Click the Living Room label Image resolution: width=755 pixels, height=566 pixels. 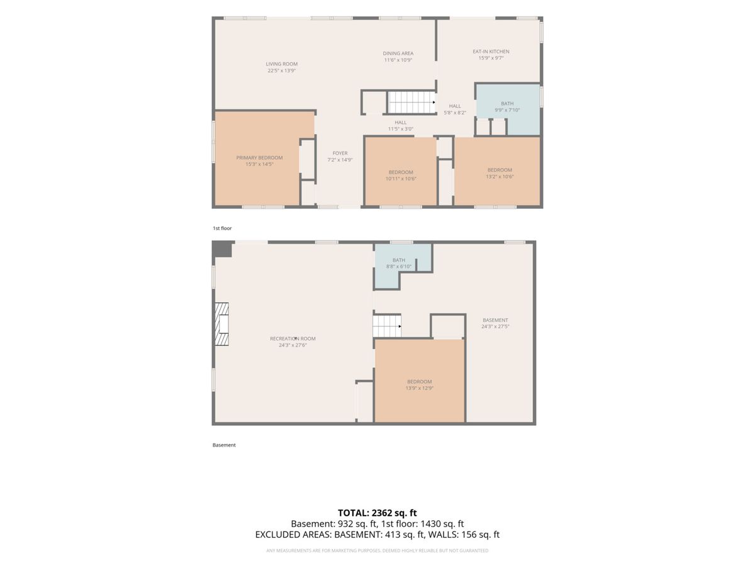(281, 64)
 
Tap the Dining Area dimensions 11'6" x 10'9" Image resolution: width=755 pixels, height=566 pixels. (398, 60)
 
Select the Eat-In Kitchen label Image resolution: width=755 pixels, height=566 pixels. (491, 52)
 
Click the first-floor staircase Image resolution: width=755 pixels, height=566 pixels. (411, 103)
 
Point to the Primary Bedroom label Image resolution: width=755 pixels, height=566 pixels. (259, 158)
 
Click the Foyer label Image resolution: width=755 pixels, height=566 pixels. (340, 153)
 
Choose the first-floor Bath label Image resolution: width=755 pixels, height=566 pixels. (507, 103)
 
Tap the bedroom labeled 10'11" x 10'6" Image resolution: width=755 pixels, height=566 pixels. (401, 172)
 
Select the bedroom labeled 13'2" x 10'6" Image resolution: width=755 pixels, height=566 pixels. (497, 172)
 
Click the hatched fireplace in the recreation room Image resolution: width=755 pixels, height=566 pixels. (222, 324)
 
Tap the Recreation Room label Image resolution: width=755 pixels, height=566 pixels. (293, 339)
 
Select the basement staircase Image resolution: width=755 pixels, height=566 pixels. (387, 326)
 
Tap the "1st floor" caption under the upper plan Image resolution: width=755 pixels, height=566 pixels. (222, 228)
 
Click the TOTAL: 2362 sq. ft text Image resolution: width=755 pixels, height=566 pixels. (377, 513)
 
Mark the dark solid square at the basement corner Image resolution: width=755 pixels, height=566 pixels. (222, 249)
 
